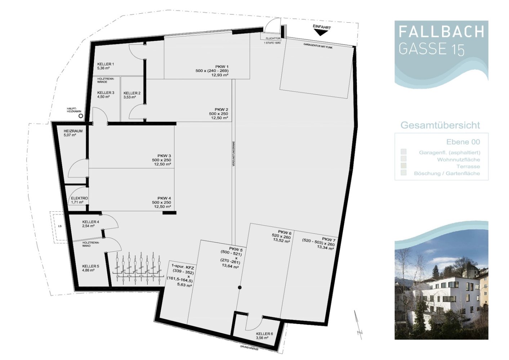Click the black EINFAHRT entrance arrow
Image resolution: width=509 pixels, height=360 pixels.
pyautogui.click(x=320, y=33)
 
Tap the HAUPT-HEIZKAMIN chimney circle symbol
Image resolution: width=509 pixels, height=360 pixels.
pyautogui.click(x=81, y=116)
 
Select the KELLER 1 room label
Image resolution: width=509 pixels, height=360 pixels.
pyautogui.click(x=105, y=64)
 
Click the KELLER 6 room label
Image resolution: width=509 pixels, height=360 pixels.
pyautogui.click(x=264, y=334)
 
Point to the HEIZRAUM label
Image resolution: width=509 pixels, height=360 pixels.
pyautogui.click(x=73, y=131)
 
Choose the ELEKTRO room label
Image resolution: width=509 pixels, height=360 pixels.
pyautogui.click(x=79, y=198)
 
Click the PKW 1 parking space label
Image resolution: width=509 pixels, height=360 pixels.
pyautogui.click(x=222, y=67)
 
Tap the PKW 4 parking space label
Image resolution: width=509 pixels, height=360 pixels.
pyautogui.click(x=164, y=198)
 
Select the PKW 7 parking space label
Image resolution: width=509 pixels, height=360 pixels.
pyautogui.click(x=329, y=239)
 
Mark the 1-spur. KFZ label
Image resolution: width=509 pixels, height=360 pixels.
pyautogui.click(x=183, y=267)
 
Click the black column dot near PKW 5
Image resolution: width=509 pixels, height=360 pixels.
pyautogui.click(x=240, y=287)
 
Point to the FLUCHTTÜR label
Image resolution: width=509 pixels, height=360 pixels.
pyautogui.click(x=273, y=39)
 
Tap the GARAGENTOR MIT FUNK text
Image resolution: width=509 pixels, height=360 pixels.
pyautogui.click(x=318, y=46)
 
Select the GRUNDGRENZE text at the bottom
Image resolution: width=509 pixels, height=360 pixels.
pyautogui.click(x=249, y=347)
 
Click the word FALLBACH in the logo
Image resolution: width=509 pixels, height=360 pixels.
pyautogui.click(x=441, y=32)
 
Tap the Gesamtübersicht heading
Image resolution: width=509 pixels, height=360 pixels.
pyautogui.click(x=440, y=125)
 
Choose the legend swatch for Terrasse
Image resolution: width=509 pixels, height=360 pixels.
pyautogui.click(x=403, y=166)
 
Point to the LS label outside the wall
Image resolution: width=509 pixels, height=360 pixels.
pyautogui.click(x=60, y=226)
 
